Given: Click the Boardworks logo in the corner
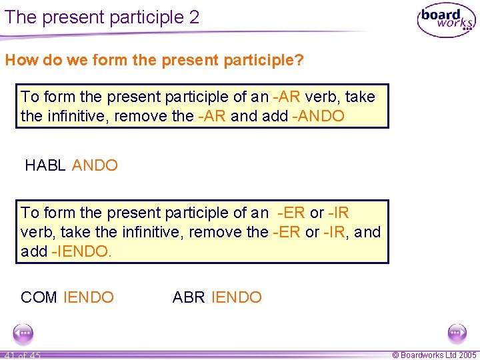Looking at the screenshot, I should point(446,21).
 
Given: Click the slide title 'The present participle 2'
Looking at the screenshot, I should point(102,17).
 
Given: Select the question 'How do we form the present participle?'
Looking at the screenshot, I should point(154,61).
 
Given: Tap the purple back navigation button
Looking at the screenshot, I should point(23,333).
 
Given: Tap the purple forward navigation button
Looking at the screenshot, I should point(457,333).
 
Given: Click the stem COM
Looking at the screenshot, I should point(39,297).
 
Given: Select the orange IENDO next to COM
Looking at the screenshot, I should point(89,297).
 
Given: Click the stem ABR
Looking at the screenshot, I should point(189,297).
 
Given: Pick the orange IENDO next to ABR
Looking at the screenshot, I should point(237,297).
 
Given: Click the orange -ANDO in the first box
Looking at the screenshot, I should point(318,116).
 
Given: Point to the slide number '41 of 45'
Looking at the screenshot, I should point(22,355).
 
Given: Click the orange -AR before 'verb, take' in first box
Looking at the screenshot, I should point(287,97).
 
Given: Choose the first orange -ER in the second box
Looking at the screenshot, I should point(291,213).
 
